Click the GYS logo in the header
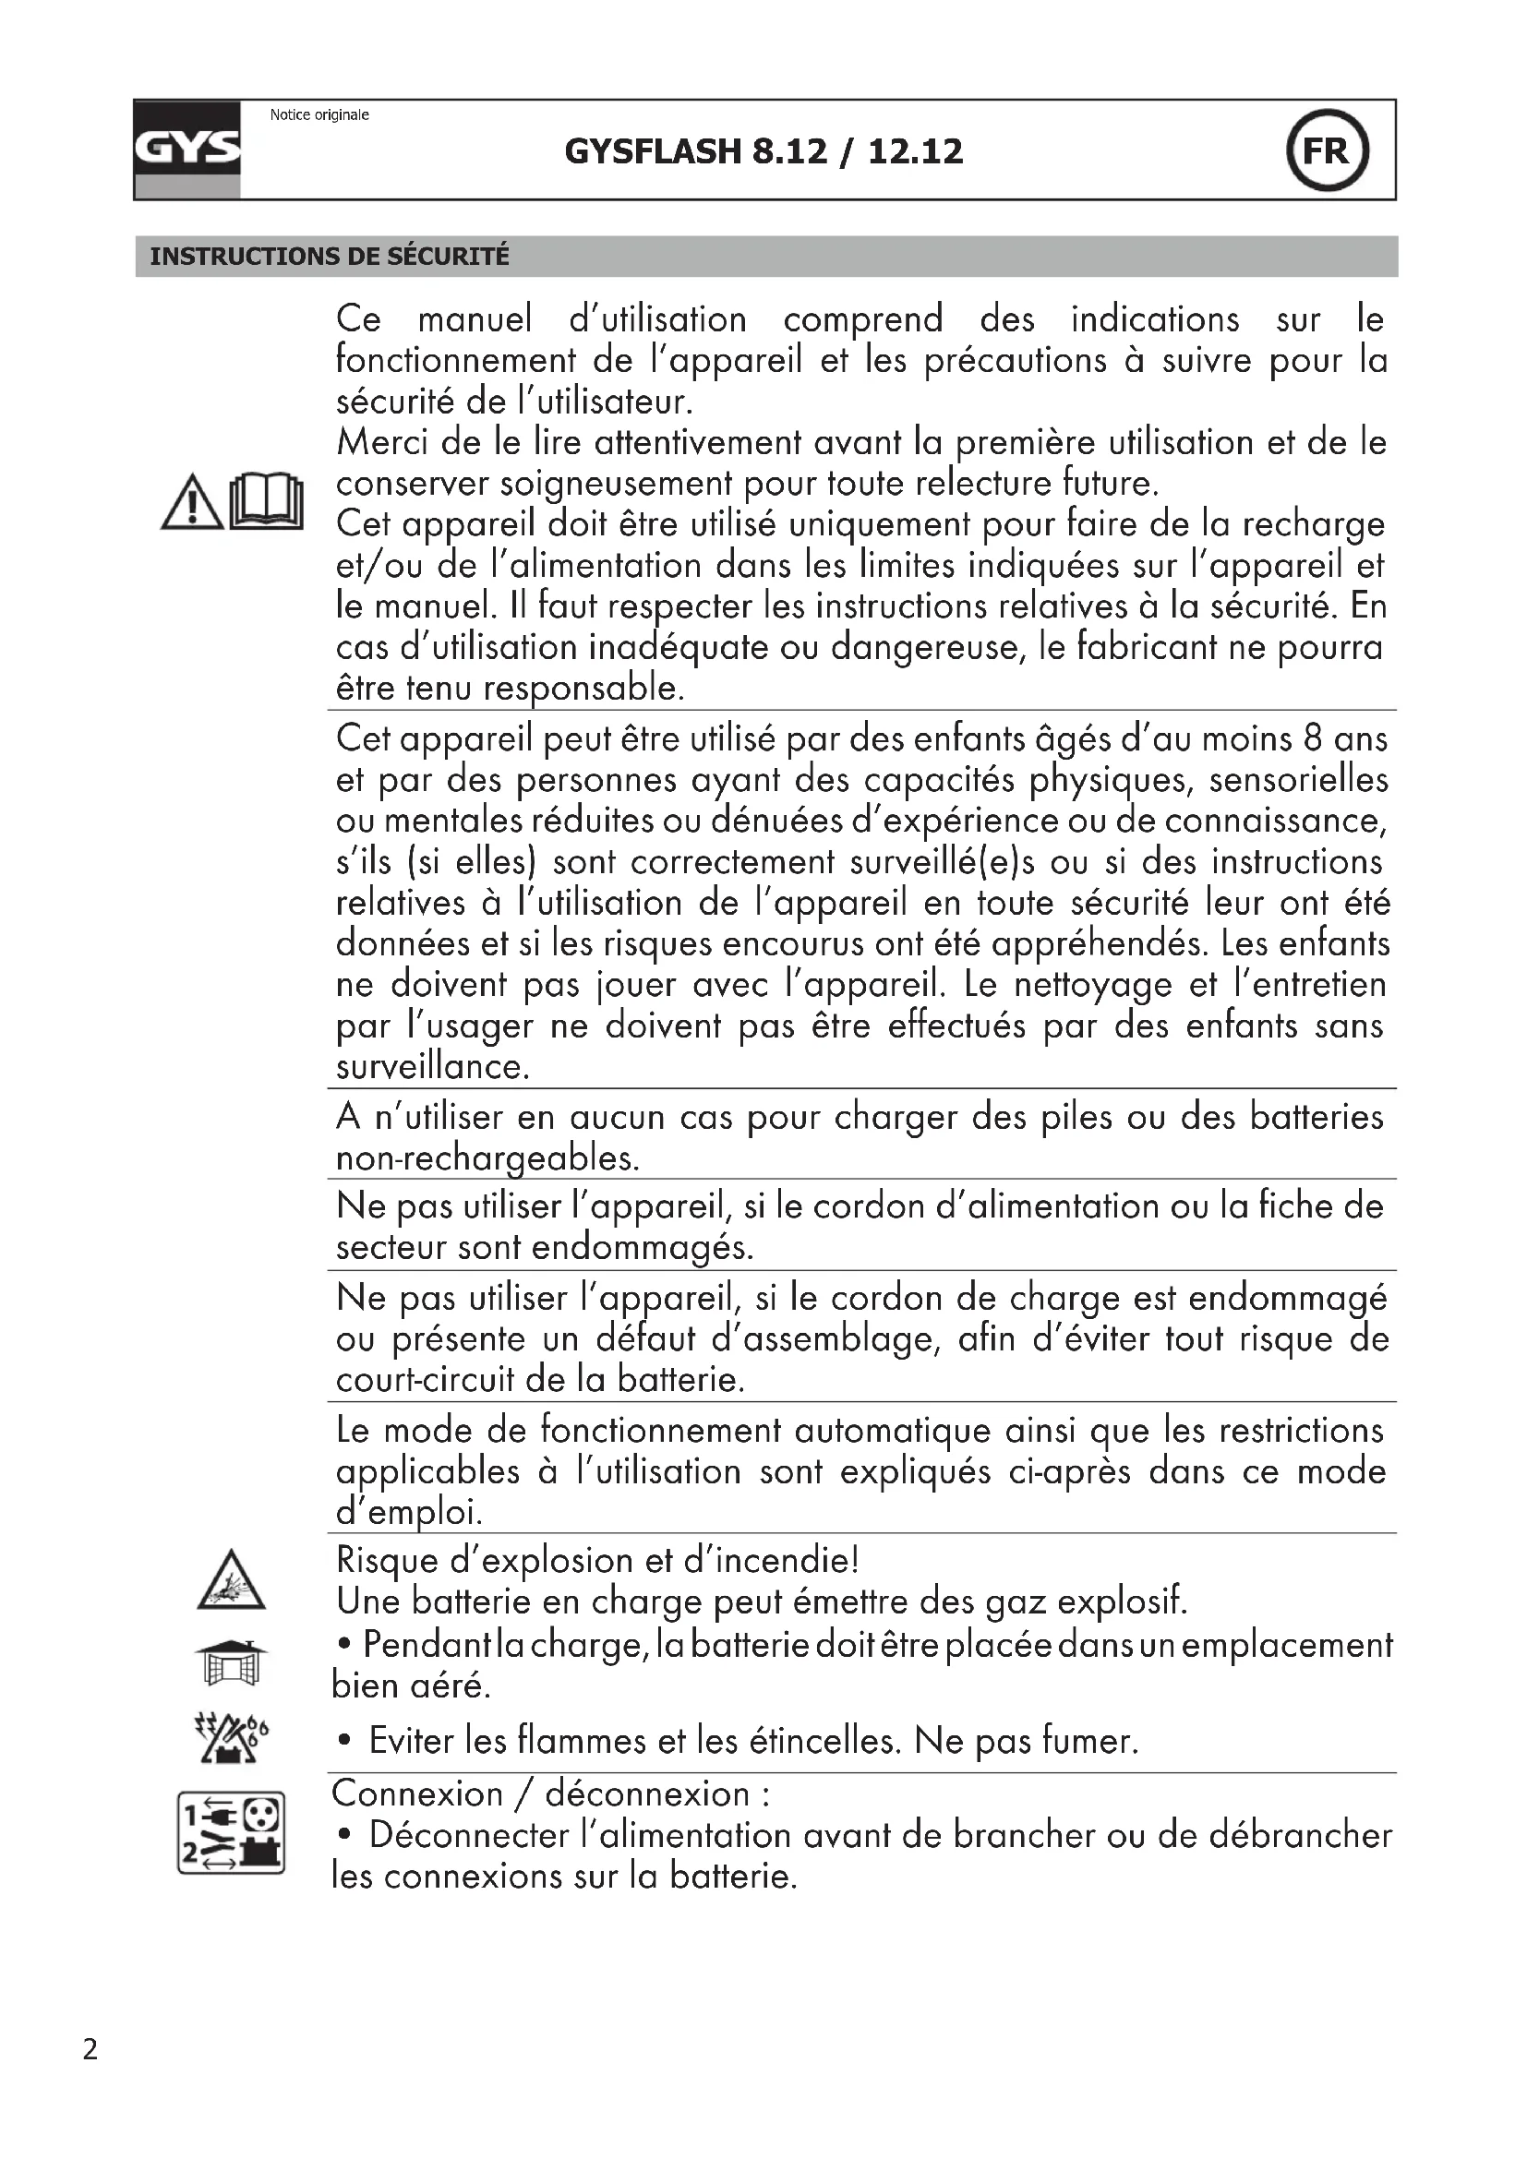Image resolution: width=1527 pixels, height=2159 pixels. (187, 149)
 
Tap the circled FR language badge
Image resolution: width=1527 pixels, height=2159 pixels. (1327, 150)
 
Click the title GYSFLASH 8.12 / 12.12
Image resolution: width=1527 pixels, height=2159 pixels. (763, 151)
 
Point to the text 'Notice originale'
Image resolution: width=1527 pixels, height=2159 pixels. (319, 114)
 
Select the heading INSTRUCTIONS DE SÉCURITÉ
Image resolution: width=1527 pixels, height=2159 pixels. (329, 256)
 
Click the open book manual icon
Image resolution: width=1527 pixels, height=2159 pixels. (267, 501)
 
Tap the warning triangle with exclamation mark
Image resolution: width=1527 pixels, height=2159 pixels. (192, 503)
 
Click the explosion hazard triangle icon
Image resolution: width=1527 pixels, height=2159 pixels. (232, 1580)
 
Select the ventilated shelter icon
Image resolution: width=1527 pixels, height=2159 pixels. (232, 1662)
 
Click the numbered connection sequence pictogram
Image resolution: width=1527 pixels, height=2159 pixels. (232, 1833)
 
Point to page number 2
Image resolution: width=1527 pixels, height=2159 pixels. (90, 2048)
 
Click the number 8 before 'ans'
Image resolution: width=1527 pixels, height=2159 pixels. (1313, 739)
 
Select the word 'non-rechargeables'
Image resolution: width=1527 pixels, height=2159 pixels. (487, 1158)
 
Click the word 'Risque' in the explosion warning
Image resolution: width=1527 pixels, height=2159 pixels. (387, 1562)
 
